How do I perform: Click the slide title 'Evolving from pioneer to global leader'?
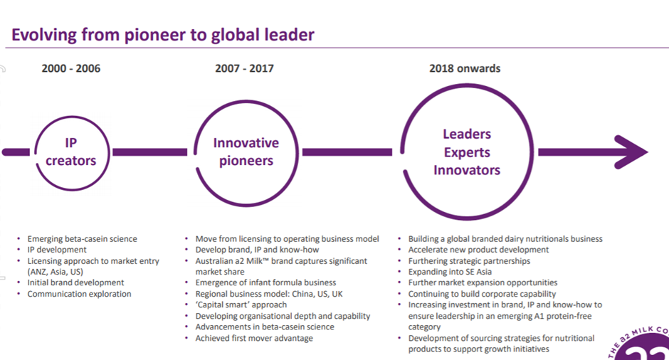click(x=162, y=35)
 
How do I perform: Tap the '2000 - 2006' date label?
click(x=71, y=69)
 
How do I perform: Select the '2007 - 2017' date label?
click(x=245, y=69)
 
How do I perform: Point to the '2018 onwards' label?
click(x=465, y=69)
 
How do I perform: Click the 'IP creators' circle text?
click(x=71, y=152)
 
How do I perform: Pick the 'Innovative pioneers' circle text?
click(x=246, y=152)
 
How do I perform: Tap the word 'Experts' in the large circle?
click(x=467, y=152)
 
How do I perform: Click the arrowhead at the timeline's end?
click(x=632, y=152)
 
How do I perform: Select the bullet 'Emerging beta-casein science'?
click(x=83, y=239)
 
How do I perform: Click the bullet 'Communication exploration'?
click(x=80, y=294)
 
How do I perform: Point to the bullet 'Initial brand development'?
click(x=76, y=282)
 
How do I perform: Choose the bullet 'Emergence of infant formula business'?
click(x=265, y=282)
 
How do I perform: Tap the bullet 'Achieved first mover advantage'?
click(x=254, y=338)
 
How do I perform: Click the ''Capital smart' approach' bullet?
click(x=241, y=305)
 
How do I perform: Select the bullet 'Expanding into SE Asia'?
click(x=450, y=272)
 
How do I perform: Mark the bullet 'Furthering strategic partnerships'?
click(x=469, y=261)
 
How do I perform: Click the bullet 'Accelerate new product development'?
click(x=479, y=250)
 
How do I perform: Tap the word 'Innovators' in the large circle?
click(x=467, y=170)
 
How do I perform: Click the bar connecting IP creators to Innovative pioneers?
click(x=149, y=152)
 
